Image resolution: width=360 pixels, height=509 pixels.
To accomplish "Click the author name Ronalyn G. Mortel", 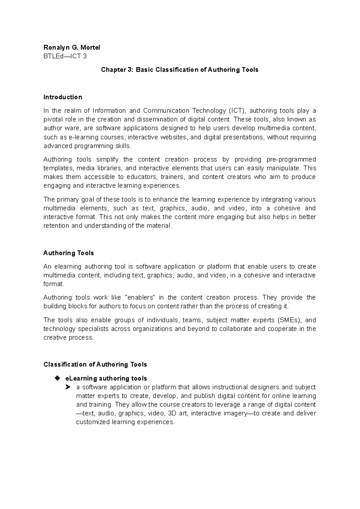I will (72, 47).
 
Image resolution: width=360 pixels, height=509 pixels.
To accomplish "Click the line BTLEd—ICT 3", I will (65, 56).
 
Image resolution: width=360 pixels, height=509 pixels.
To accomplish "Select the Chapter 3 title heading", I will (179, 70).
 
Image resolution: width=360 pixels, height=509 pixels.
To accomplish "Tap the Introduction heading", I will (63, 97).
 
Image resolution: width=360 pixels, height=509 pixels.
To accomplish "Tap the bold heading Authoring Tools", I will (68, 253).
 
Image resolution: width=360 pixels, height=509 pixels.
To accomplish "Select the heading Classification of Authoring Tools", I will (95, 364).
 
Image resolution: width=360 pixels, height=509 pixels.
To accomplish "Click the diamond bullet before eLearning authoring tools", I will (58, 378).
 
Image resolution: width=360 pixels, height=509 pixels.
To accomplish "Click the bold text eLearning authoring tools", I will (106, 378).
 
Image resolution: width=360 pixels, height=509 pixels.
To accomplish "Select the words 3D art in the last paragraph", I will (177, 414).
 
